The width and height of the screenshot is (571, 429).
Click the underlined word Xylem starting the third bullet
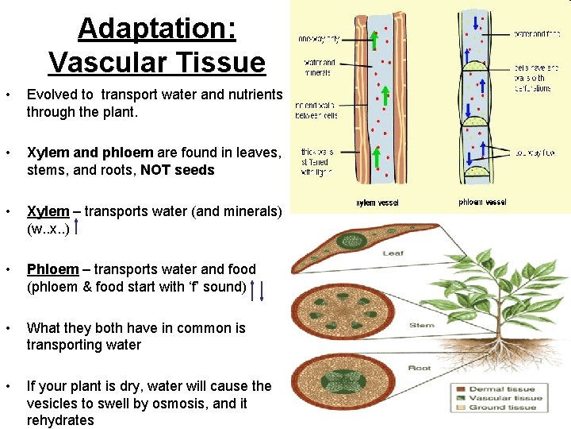[48, 211]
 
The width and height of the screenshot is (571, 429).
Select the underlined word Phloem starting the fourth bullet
[52, 269]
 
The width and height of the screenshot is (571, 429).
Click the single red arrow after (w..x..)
[75, 228]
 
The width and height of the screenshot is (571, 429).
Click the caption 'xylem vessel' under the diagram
[377, 203]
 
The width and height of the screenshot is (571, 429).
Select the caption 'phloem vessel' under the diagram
[481, 203]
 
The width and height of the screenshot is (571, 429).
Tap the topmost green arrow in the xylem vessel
[374, 39]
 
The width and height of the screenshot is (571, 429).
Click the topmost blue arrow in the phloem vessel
[476, 21]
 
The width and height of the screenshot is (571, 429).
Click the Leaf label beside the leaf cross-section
[393, 253]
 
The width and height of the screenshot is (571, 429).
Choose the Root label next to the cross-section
[419, 368]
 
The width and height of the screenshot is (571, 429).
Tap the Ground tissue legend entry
[503, 408]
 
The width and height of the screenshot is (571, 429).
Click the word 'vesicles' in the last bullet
[52, 403]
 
